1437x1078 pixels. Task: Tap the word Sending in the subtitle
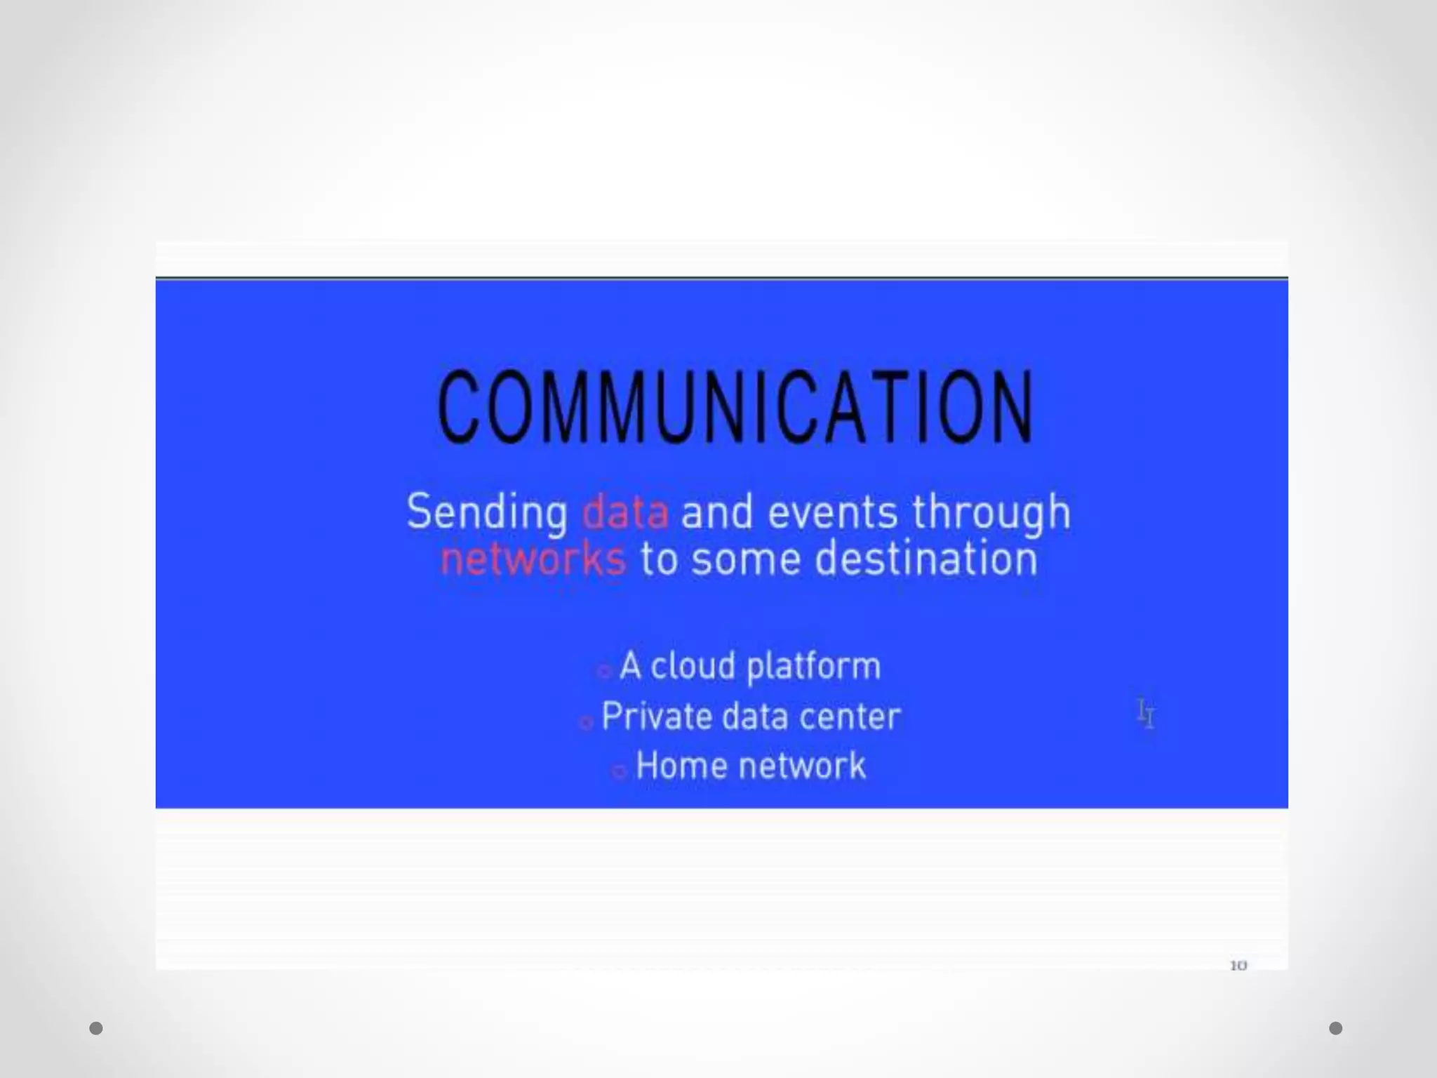pyautogui.click(x=487, y=512)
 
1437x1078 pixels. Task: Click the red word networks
pyautogui.click(x=533, y=559)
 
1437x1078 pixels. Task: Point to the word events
pyautogui.click(x=832, y=512)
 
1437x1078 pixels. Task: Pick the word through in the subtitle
pyautogui.click(x=991, y=514)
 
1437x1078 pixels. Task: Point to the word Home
pyautogui.click(x=680, y=766)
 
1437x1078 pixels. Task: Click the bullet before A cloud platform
pyautogui.click(x=603, y=672)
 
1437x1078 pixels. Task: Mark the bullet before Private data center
pyautogui.click(x=585, y=722)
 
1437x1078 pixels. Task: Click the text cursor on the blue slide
pyautogui.click(x=1145, y=714)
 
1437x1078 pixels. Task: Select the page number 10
pyautogui.click(x=1238, y=966)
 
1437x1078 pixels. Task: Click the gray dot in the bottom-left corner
pyautogui.click(x=96, y=1028)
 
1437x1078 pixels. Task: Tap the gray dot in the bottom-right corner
pyautogui.click(x=1336, y=1028)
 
